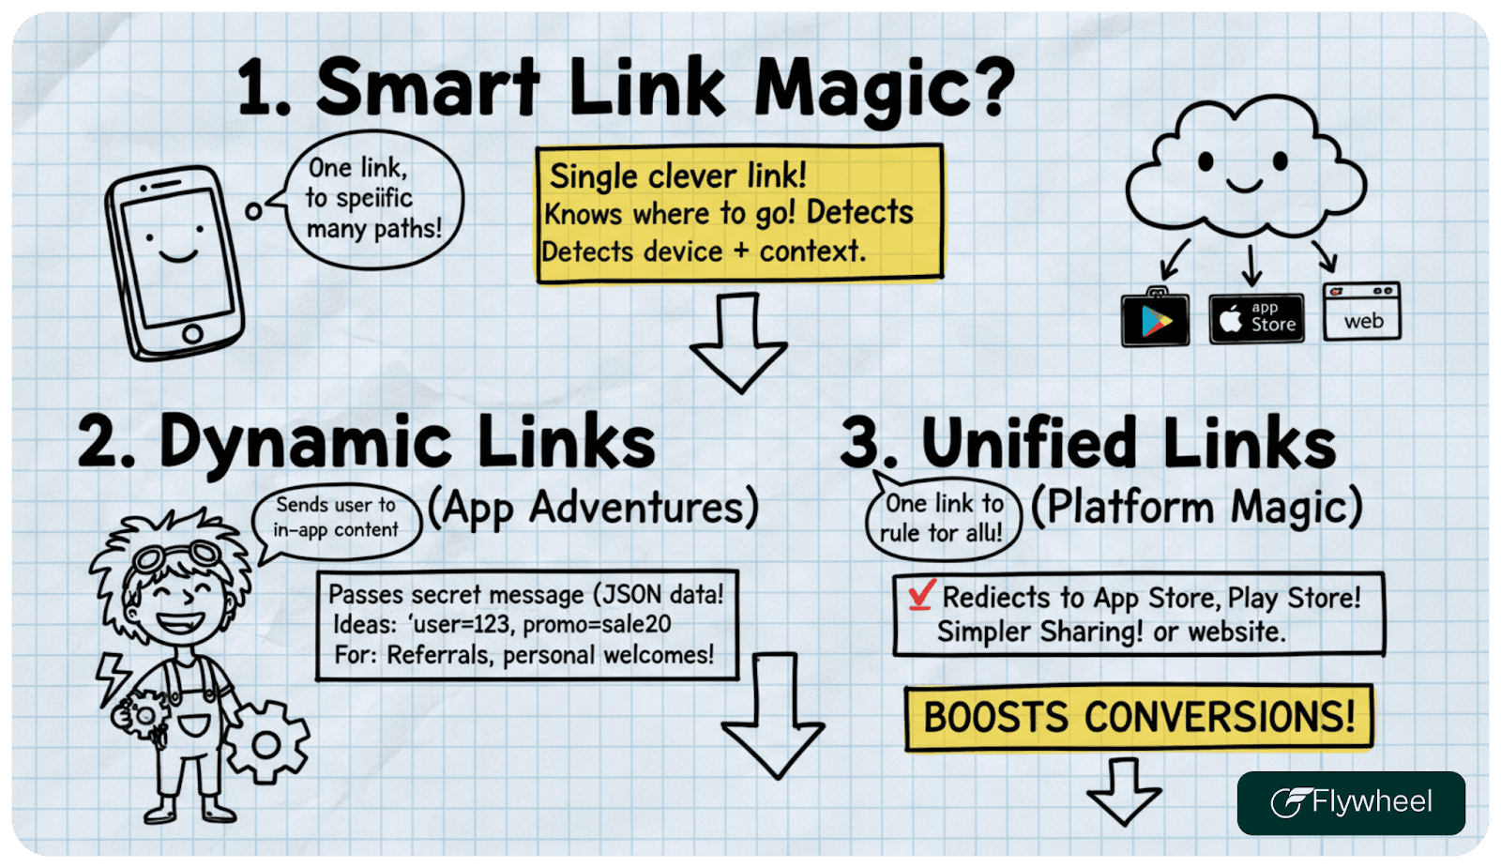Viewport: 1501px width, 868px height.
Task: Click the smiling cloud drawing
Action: pos(1243,169)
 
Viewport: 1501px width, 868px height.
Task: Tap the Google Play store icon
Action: pos(1155,319)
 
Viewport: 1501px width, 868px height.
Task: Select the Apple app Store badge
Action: pos(1256,318)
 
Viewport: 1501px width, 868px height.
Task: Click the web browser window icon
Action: pos(1361,312)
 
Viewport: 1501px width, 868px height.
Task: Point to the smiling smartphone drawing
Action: pos(174,262)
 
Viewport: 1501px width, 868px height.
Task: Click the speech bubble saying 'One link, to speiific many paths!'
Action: pos(372,199)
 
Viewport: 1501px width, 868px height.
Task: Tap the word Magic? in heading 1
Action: pos(884,89)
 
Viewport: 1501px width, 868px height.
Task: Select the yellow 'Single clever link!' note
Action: pos(738,213)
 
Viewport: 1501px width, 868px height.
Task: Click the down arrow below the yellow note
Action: pos(738,342)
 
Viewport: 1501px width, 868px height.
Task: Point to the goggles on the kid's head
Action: pos(175,555)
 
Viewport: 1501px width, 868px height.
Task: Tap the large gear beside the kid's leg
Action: pos(265,744)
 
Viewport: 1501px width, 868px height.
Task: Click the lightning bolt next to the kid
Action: pos(114,676)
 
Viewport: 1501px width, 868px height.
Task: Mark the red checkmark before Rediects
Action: pos(921,594)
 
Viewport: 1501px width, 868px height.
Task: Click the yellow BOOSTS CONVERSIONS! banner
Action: pos(1138,718)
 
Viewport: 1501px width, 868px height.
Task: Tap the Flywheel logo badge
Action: pos(1350,802)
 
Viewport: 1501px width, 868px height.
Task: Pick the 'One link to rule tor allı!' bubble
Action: pos(942,518)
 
